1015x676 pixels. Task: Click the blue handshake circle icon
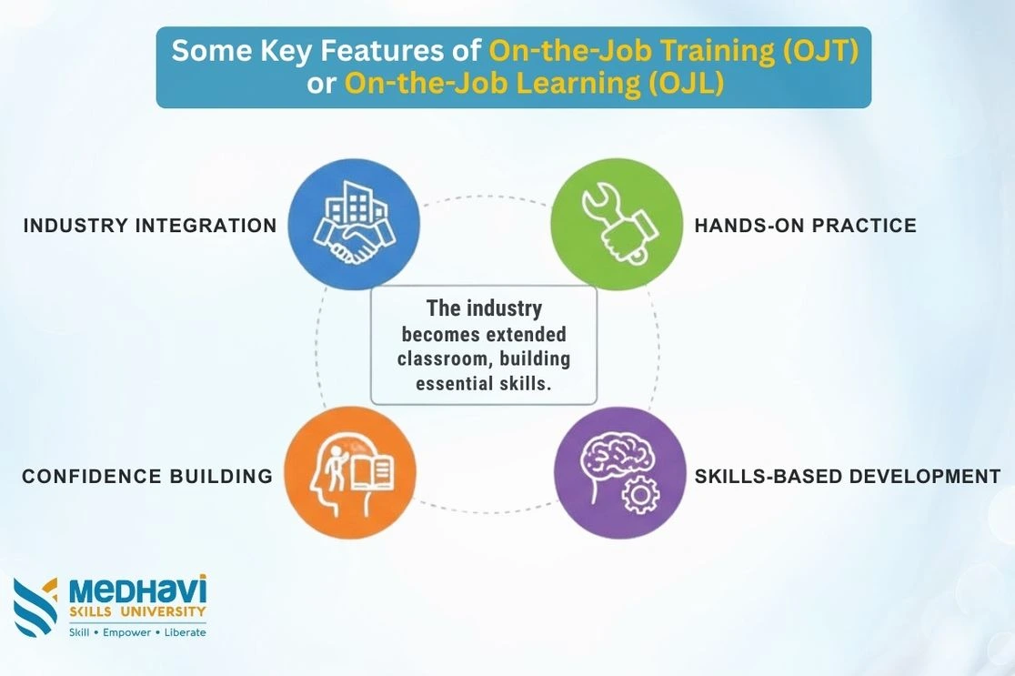coord(354,224)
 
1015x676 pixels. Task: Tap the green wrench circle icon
coord(617,224)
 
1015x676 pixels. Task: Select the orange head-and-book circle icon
coord(350,473)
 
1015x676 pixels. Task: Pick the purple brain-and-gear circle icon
coord(620,473)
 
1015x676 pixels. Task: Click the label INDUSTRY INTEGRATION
coord(150,226)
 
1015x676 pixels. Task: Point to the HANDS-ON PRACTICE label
coord(805,226)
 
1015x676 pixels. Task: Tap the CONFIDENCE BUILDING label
coord(147,477)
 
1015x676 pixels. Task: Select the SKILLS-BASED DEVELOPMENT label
coord(848,477)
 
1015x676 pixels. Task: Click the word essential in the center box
coord(455,383)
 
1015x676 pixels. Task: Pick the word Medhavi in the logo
coord(138,590)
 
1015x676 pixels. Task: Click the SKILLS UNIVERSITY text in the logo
coord(137,611)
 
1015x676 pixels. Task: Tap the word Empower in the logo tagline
coord(127,632)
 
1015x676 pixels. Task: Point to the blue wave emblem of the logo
coord(35,607)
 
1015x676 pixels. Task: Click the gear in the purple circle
coord(641,495)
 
